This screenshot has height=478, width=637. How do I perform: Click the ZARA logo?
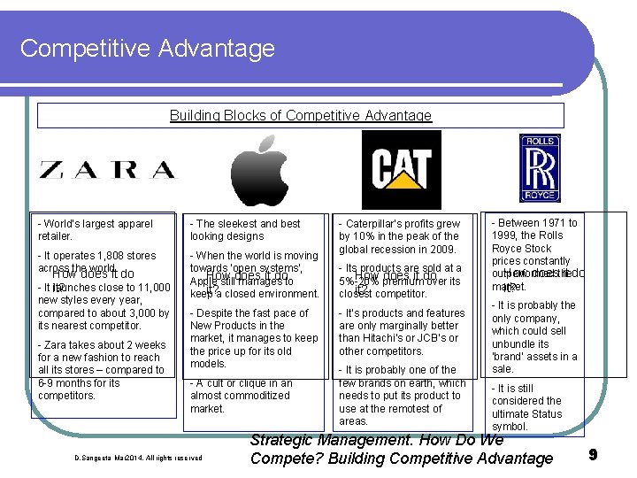coord(107,169)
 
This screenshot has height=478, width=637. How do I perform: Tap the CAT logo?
coord(400,169)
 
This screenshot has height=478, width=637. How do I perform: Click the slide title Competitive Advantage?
coord(122,48)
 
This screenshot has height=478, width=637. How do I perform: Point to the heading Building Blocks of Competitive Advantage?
coord(301,116)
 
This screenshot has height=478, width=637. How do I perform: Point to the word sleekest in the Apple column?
coord(242,224)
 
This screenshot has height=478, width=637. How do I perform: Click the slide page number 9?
coord(593,455)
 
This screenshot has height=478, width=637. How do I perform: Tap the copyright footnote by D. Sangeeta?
coord(138,458)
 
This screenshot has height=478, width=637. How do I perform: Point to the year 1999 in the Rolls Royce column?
coord(507,236)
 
